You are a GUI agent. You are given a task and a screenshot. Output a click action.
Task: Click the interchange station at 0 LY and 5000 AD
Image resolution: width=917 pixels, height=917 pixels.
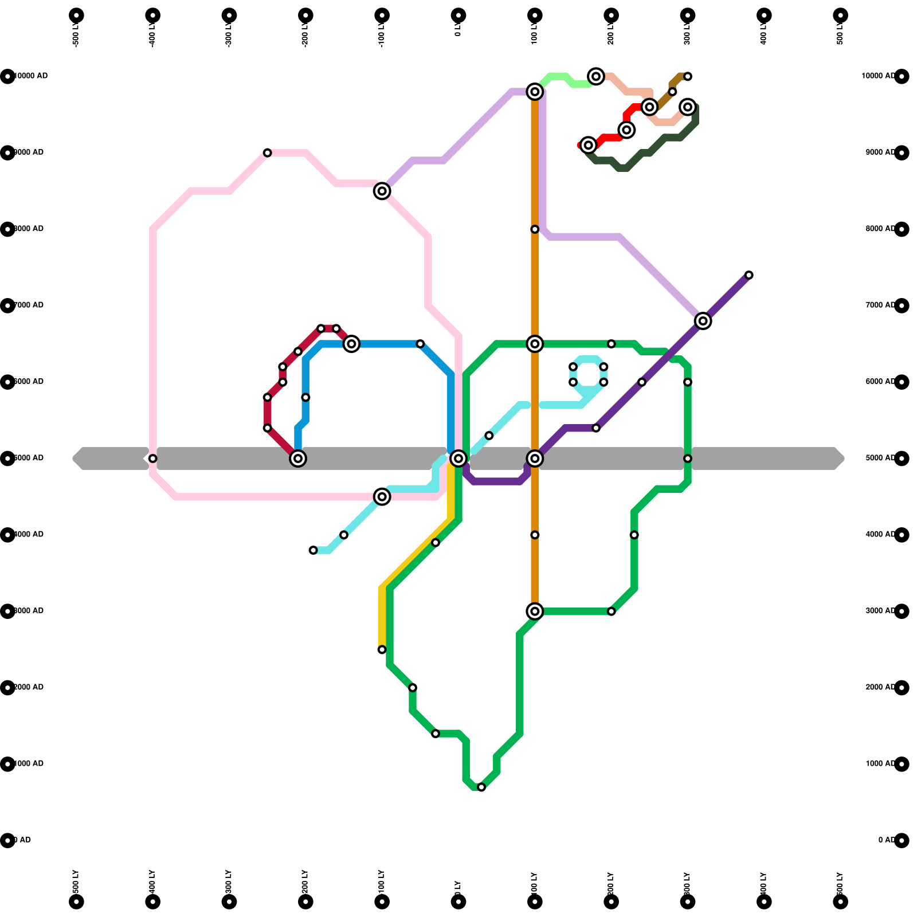458,458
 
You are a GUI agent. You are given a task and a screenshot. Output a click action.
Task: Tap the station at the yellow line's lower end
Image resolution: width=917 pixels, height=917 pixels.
382,649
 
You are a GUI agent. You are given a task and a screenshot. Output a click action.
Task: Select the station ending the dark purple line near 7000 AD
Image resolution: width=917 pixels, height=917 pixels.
749,275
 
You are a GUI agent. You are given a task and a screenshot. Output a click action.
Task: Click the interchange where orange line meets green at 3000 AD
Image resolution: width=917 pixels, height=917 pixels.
535,612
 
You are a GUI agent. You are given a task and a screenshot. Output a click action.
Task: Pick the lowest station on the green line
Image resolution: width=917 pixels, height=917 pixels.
481,787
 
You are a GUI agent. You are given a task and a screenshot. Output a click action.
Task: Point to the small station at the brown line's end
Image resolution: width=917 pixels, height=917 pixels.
687,76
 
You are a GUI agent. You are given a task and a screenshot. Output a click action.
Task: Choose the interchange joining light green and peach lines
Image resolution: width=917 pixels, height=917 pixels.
596,76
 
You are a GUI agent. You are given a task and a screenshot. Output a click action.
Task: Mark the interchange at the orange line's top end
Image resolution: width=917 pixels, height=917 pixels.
535,91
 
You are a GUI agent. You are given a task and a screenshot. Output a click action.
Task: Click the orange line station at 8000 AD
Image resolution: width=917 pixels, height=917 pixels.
535,229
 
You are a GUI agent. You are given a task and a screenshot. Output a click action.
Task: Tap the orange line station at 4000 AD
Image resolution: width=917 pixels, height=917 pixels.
535,535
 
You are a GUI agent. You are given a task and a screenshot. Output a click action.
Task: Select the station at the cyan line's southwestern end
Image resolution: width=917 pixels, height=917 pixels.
313,550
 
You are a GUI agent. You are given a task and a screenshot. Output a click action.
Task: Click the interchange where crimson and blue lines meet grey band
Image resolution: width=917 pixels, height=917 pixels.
297,458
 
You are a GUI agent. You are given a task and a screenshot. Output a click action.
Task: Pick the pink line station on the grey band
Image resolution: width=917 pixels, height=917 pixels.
152,458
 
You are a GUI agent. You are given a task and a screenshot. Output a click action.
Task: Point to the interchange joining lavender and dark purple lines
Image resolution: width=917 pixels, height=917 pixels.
703,321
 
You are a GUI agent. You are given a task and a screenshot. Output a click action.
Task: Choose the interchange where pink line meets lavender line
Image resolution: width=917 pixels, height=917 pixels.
382,191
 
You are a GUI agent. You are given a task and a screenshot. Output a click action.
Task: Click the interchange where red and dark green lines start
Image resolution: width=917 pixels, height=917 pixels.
588,145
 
